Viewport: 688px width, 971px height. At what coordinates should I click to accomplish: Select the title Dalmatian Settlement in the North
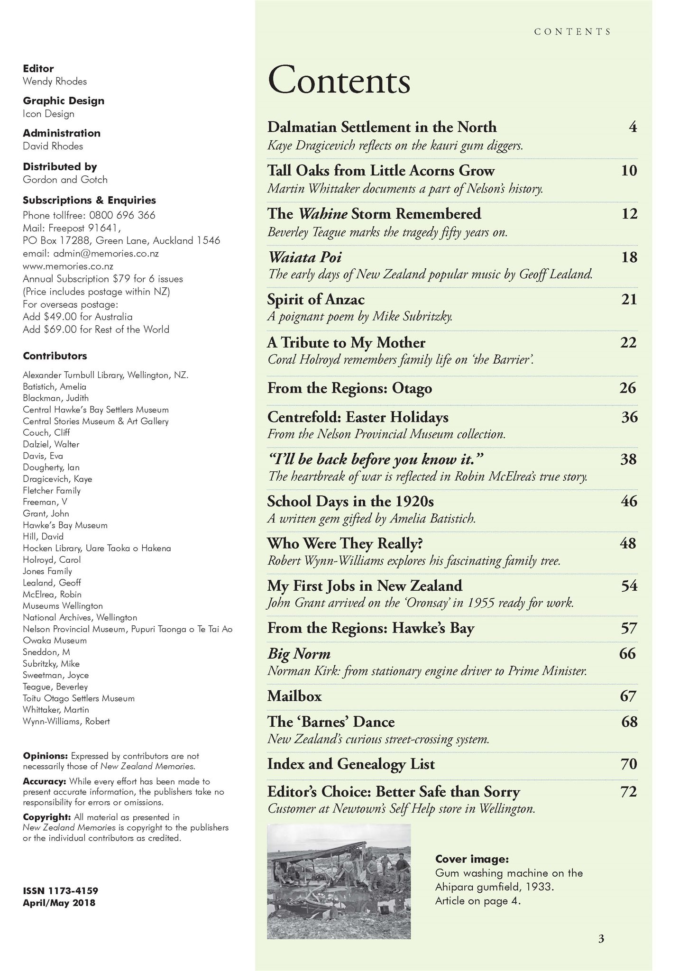click(x=382, y=127)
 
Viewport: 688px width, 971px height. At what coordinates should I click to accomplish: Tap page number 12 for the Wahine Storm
click(x=629, y=214)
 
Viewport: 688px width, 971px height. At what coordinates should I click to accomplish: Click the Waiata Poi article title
click(x=304, y=257)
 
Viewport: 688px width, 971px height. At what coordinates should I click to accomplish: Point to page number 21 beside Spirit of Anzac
click(x=629, y=300)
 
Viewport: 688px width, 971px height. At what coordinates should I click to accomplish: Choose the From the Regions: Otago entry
click(x=349, y=388)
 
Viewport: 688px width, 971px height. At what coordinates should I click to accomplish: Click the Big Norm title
click(x=299, y=654)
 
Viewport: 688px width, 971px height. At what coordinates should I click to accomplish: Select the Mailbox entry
click(x=294, y=696)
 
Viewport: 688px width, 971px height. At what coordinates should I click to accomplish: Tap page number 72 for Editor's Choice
click(x=628, y=791)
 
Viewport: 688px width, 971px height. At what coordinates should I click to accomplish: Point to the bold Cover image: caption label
click(x=472, y=859)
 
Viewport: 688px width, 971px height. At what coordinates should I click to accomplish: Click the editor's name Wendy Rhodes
click(x=55, y=82)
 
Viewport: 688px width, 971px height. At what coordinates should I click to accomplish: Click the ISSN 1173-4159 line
click(x=60, y=891)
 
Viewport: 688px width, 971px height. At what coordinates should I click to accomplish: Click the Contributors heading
click(x=55, y=356)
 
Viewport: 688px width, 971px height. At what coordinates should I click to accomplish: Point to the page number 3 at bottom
click(x=601, y=939)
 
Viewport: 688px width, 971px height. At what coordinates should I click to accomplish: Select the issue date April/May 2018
click(x=59, y=903)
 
